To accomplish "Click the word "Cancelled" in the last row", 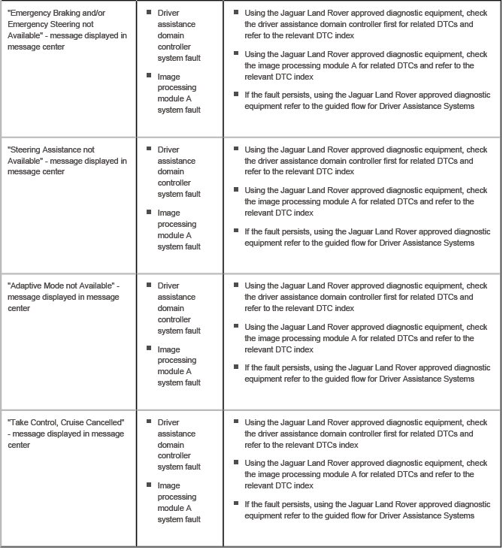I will point(104,423).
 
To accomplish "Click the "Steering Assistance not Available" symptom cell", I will point(67,161).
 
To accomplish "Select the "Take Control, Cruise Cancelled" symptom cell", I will point(67,434).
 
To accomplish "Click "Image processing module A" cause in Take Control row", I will point(179,503).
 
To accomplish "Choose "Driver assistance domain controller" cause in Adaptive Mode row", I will point(179,308).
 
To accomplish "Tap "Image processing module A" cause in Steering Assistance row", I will point(179,230).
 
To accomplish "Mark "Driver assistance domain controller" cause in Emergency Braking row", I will point(179,35).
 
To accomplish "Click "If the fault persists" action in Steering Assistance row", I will point(367,237).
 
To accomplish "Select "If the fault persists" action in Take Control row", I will point(367,510).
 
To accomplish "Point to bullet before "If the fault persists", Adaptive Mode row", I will point(236,367).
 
